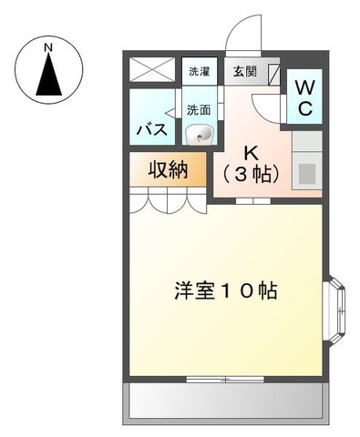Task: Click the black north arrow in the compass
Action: click(50, 76)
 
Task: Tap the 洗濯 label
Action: click(198, 71)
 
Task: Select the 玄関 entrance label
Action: click(242, 71)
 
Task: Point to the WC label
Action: click(304, 97)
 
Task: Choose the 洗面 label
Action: click(198, 109)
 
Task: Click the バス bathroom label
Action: click(151, 129)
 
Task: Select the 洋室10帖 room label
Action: click(225, 291)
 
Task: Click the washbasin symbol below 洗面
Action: click(200, 135)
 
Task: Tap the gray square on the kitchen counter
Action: click(307, 171)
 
